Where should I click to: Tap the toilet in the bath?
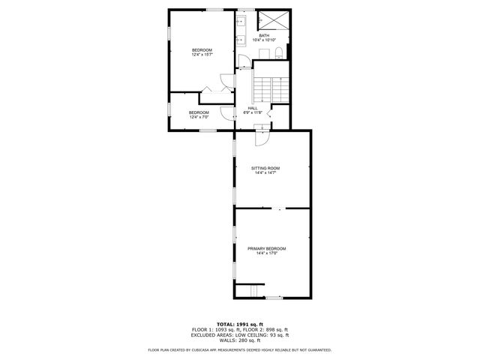click(x=277, y=52)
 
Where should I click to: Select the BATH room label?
click(x=264, y=35)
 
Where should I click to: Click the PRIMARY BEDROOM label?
click(x=266, y=248)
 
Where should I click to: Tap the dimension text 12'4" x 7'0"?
click(x=199, y=117)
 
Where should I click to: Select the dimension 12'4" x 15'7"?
click(x=202, y=54)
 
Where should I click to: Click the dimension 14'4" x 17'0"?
click(x=266, y=253)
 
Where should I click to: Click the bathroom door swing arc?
click(x=243, y=61)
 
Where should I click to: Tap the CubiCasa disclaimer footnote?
click(x=240, y=349)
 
